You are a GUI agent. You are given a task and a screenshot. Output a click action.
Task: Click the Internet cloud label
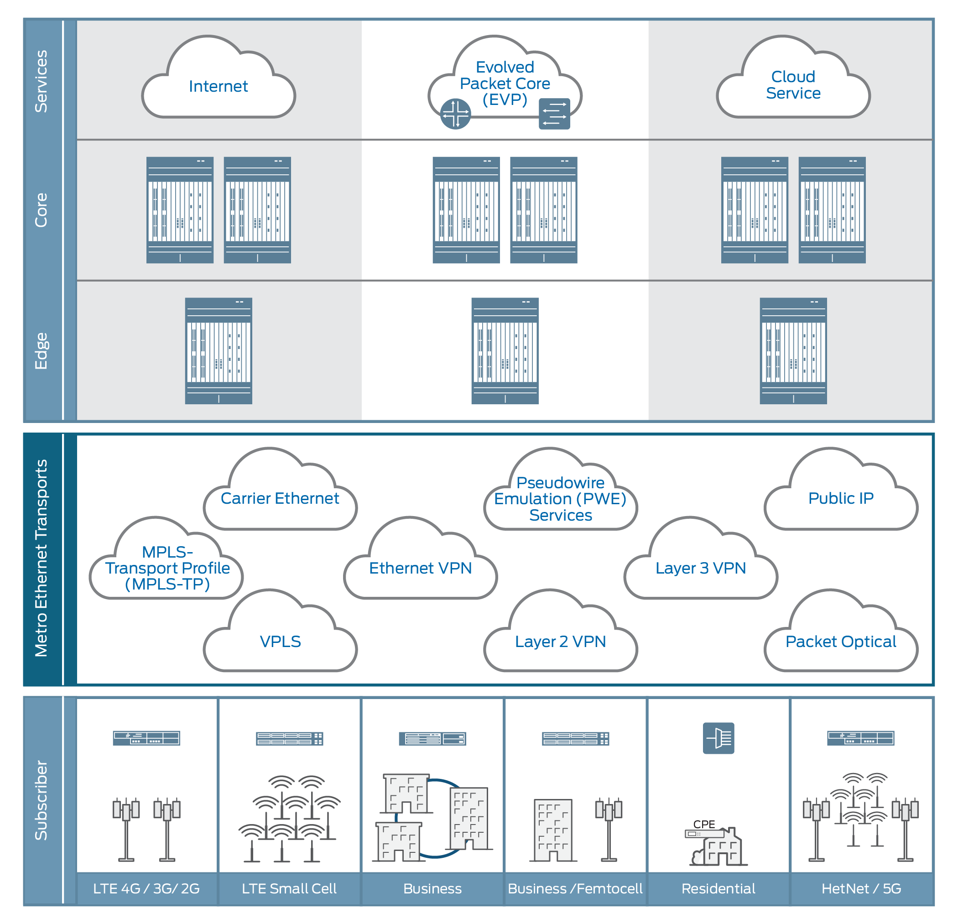[218, 86]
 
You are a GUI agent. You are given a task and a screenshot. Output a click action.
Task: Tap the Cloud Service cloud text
[793, 84]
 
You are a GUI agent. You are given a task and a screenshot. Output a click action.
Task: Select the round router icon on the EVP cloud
[455, 114]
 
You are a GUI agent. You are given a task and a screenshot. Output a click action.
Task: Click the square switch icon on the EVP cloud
[554, 114]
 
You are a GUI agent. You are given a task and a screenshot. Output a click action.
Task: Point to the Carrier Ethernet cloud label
[280, 498]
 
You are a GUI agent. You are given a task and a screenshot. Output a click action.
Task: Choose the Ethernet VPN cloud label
[420, 568]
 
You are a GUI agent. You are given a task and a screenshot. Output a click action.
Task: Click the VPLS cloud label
[280, 642]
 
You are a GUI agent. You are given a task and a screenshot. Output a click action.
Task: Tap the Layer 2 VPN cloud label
[560, 642]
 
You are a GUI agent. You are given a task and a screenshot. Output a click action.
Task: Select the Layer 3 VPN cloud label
[700, 568]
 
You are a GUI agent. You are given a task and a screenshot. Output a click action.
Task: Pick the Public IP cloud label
[841, 498]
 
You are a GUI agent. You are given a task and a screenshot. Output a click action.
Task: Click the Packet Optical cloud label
[841, 642]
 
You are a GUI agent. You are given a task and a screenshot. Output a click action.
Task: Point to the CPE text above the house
[704, 824]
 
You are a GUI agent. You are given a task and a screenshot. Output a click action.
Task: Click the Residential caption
[718, 888]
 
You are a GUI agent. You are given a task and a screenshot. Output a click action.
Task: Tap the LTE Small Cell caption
[289, 888]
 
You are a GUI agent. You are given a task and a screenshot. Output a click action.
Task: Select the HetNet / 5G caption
[861, 888]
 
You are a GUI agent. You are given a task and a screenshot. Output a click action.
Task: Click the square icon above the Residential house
[718, 738]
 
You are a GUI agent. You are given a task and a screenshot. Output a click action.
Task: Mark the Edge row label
[42, 351]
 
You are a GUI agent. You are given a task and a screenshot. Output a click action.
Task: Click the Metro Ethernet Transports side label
[42, 558]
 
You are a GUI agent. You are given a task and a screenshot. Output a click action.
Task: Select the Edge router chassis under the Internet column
[219, 351]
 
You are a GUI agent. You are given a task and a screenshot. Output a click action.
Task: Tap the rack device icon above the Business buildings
[432, 738]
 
